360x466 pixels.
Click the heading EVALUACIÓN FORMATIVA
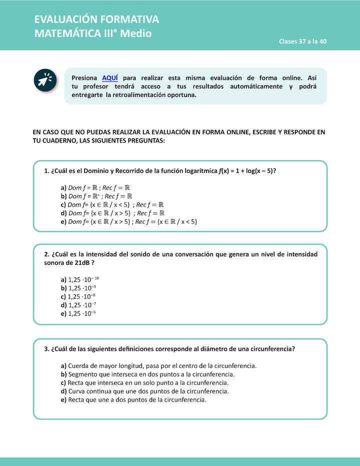tap(96, 19)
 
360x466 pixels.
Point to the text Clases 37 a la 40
tap(302, 41)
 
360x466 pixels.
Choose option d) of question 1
tap(112, 213)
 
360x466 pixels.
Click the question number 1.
tap(46, 170)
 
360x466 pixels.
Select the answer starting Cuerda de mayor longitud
tap(158, 365)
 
